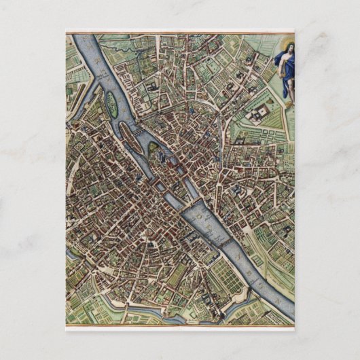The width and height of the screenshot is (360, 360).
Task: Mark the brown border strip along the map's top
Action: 180,31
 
